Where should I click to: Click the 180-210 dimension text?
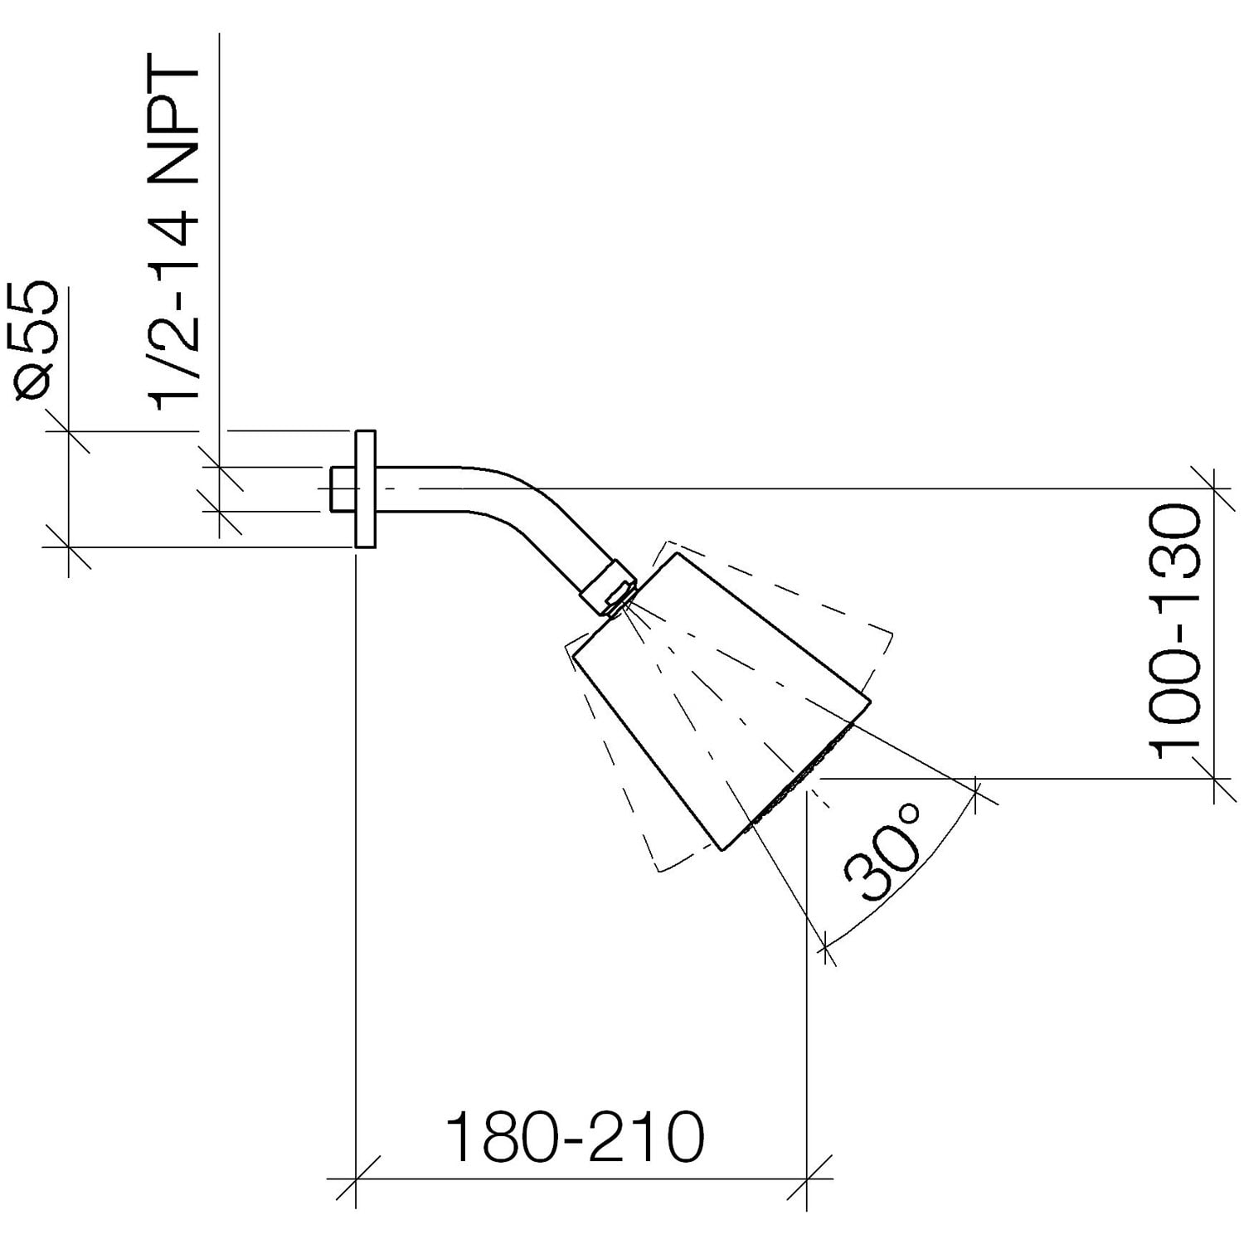tap(576, 1139)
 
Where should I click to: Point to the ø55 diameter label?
tap(38, 342)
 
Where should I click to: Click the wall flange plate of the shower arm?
tap(365, 488)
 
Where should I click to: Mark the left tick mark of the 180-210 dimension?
tap(355, 1178)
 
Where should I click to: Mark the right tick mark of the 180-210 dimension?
tap(806, 1178)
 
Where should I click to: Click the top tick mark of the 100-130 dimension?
tap(1213, 488)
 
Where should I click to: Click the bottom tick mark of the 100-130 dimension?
tap(1213, 779)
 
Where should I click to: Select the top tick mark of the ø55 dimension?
tap(68, 431)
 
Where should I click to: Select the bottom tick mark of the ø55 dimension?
tap(68, 547)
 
